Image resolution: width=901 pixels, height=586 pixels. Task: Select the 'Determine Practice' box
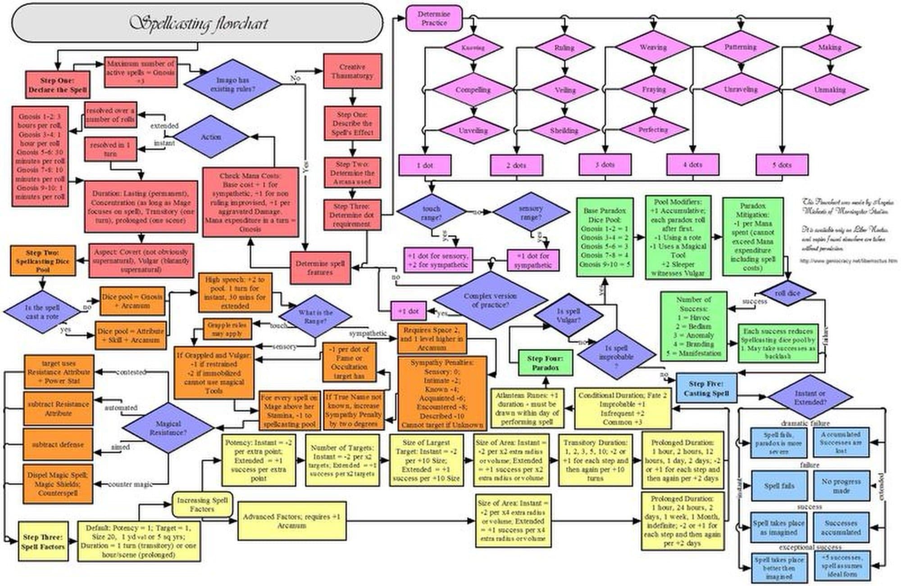(434, 18)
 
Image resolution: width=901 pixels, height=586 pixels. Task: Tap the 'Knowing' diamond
(473, 47)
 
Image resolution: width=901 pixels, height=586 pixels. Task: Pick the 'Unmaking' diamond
(830, 89)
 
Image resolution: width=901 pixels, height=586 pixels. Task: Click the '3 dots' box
(605, 165)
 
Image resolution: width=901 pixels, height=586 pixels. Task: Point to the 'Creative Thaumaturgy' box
(352, 71)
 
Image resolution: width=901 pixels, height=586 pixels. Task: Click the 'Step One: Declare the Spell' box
(57, 85)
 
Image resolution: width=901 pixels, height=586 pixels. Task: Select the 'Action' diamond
(211, 137)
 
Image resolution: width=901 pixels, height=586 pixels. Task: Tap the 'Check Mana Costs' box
(250, 202)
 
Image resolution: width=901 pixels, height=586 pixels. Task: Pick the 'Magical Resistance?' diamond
(168, 428)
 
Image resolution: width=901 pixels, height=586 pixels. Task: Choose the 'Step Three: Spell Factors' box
(43, 541)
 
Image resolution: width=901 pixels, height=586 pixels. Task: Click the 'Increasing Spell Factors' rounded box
(202, 504)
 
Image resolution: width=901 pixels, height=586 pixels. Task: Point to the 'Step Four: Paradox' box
(545, 363)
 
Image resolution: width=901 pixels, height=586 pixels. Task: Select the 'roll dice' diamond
(787, 293)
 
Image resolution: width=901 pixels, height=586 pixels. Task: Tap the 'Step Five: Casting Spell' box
(706, 389)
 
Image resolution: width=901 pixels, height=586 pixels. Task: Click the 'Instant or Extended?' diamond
(810, 397)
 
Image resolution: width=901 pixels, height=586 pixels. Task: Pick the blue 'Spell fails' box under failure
(778, 486)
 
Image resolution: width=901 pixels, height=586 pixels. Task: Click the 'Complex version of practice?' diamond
(490, 300)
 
